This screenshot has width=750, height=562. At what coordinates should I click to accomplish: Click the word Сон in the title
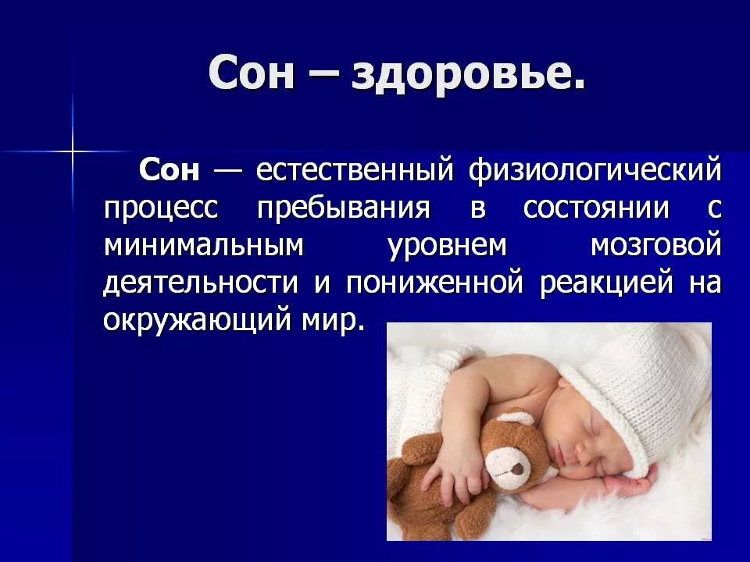click(x=251, y=73)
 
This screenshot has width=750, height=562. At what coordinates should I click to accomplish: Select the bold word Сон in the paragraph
click(x=170, y=169)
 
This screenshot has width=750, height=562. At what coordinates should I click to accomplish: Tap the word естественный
click(x=355, y=169)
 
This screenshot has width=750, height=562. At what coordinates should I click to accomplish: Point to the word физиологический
click(x=595, y=171)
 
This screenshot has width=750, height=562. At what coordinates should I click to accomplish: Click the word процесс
click(x=161, y=209)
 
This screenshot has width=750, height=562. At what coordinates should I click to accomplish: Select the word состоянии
click(x=596, y=208)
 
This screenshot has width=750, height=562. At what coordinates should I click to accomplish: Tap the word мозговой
click(x=655, y=244)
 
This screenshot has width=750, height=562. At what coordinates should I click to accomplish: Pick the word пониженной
click(x=434, y=283)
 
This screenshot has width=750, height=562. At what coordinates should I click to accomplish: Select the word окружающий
click(x=197, y=321)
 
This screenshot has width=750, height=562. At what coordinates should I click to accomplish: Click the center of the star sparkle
click(x=73, y=152)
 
